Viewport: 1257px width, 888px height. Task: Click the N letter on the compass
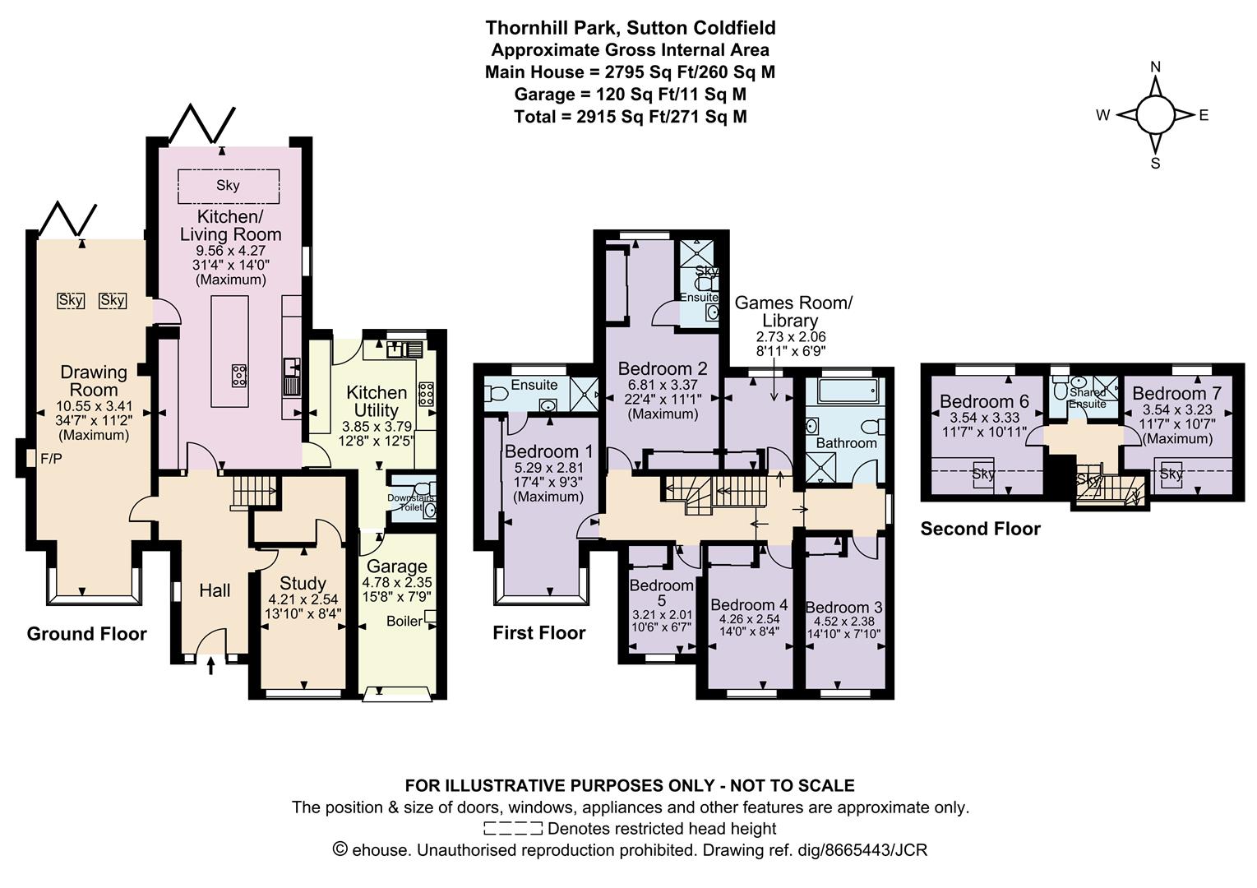click(1155, 67)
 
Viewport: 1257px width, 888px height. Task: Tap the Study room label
click(303, 584)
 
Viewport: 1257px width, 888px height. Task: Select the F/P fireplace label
click(51, 459)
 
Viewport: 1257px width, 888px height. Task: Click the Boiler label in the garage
click(404, 622)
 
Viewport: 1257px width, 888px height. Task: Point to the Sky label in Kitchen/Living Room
click(228, 185)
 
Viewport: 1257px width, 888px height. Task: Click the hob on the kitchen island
click(239, 375)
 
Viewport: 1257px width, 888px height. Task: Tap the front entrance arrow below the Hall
click(211, 666)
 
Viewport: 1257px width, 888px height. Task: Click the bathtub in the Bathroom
click(847, 391)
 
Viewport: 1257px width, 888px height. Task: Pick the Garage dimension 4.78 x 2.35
click(397, 583)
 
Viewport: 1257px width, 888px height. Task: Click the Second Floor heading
click(980, 529)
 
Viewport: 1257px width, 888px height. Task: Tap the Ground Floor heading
click(87, 634)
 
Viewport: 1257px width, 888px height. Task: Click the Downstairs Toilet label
click(410, 502)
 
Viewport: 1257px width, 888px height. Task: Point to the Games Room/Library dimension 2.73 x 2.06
click(791, 337)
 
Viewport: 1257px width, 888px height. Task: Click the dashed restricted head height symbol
click(513, 828)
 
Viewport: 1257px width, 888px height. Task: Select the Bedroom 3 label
click(844, 608)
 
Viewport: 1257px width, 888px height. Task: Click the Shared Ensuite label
click(1087, 398)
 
